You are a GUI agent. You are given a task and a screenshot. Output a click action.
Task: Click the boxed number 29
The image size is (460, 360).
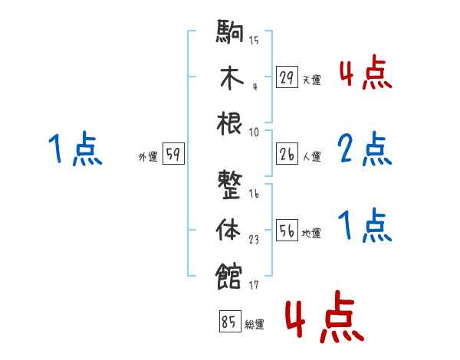pyautogui.click(x=286, y=77)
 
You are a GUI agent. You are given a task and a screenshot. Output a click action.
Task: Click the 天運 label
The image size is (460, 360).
pyautogui.click(x=311, y=80)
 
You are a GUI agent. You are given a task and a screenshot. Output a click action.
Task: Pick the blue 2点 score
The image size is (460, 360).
pyautogui.click(x=365, y=149)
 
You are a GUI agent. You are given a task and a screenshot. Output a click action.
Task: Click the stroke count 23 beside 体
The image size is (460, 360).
pyautogui.click(x=254, y=239)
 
